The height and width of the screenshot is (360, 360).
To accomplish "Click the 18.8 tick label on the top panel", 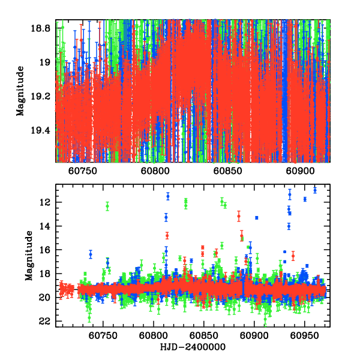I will pos(43,28).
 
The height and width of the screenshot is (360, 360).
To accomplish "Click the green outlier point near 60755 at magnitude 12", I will pos(107,206).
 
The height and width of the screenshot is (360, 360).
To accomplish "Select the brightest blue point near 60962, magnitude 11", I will pos(315,190).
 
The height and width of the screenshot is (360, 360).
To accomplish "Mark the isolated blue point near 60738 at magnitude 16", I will pos(91,254).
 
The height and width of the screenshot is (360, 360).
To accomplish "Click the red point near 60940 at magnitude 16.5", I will pos(293,256).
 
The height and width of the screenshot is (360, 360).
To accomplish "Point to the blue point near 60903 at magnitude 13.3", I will pos(256,217).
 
